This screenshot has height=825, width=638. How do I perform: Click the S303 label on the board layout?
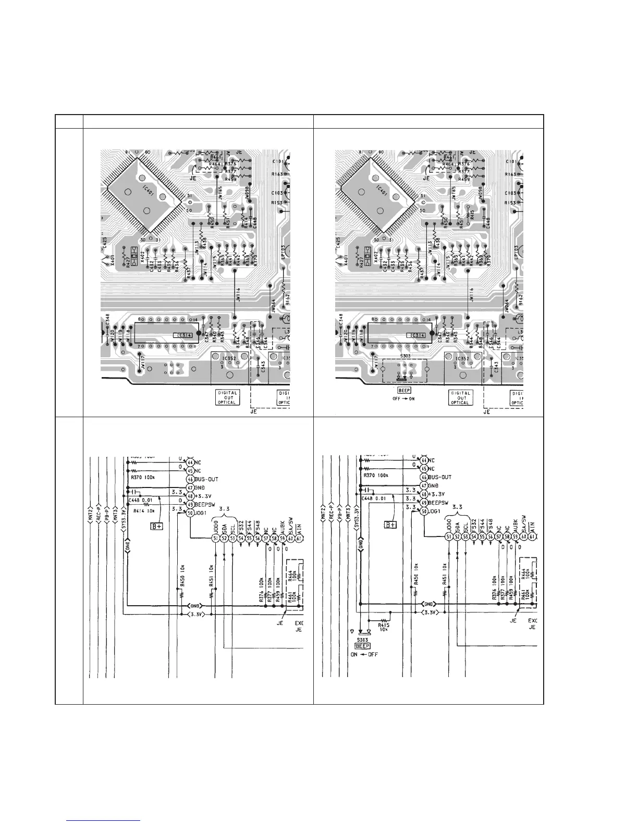click(404, 357)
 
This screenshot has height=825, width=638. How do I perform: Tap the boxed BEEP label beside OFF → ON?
click(404, 390)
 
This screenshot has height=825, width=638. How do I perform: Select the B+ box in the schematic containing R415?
click(390, 524)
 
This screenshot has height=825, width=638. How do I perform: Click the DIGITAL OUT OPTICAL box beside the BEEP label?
click(460, 397)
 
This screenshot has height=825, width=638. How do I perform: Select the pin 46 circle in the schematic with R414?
click(190, 477)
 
